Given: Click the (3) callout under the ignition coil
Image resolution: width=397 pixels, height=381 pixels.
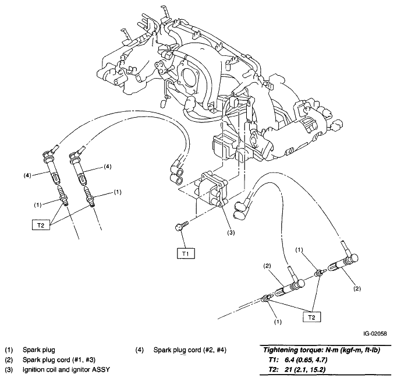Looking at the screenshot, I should (x=231, y=232).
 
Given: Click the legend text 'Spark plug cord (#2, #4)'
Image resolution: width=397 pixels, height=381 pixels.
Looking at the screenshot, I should (x=191, y=350).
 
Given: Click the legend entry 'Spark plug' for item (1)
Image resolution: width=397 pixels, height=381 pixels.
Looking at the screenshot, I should (x=39, y=350).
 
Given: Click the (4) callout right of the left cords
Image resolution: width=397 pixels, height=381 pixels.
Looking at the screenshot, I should (x=108, y=167).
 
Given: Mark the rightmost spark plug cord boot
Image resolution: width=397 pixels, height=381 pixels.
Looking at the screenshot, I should (x=346, y=261).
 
